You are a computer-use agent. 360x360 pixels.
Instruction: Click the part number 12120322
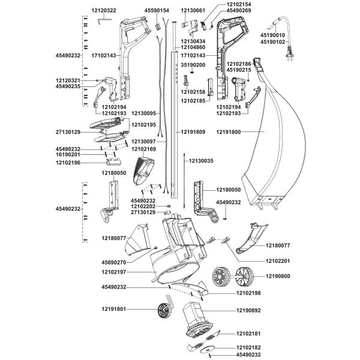click(x=104, y=10)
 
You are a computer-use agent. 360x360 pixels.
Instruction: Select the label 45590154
click(x=157, y=10)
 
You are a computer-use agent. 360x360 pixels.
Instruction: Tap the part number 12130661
click(x=193, y=10)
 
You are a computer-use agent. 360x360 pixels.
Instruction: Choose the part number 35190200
click(x=193, y=65)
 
